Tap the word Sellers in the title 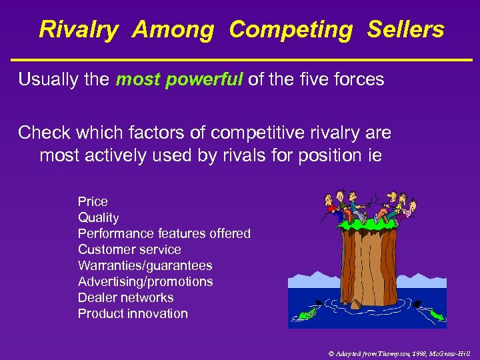(405, 30)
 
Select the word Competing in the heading (291, 30)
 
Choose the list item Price (93, 201)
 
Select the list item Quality (98, 217)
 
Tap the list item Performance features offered (164, 233)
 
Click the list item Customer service (129, 249)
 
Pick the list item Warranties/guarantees (145, 265)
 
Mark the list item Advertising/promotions (145, 281)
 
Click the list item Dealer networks (125, 297)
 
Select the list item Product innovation (133, 313)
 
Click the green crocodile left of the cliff (307, 311)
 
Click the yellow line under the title (240, 60)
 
